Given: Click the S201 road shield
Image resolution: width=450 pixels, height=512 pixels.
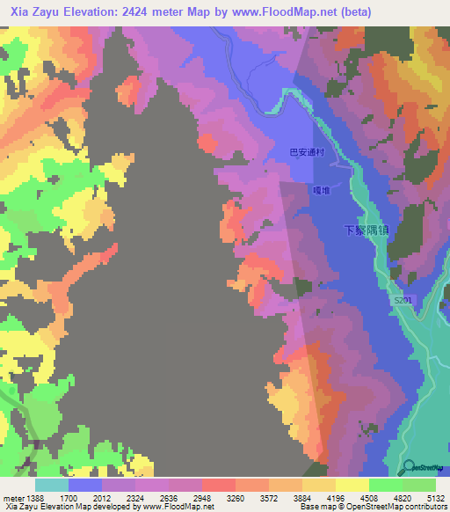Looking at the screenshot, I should click(x=403, y=301).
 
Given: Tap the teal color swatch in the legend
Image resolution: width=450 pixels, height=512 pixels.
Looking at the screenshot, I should click(x=52, y=485).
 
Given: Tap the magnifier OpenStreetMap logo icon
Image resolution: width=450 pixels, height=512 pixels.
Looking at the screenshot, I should click(x=409, y=467).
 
